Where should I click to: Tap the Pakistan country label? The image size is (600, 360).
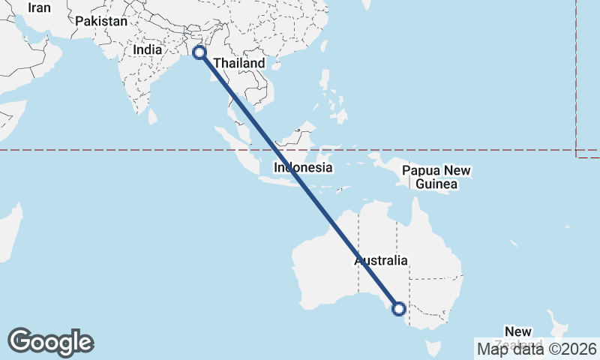(x=101, y=22)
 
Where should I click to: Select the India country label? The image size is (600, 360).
(x=147, y=49)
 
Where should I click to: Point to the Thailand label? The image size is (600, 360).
(x=239, y=63)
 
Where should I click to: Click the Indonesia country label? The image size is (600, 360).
(x=302, y=167)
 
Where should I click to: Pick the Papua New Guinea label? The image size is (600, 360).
(x=436, y=177)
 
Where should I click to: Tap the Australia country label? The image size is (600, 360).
(x=381, y=261)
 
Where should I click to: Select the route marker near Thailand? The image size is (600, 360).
(x=199, y=52)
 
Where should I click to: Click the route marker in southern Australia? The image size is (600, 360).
(x=399, y=308)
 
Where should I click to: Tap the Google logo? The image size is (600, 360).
(x=51, y=342)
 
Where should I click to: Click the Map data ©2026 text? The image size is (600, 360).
(x=537, y=349)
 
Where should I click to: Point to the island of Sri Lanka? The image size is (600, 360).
(x=153, y=116)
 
